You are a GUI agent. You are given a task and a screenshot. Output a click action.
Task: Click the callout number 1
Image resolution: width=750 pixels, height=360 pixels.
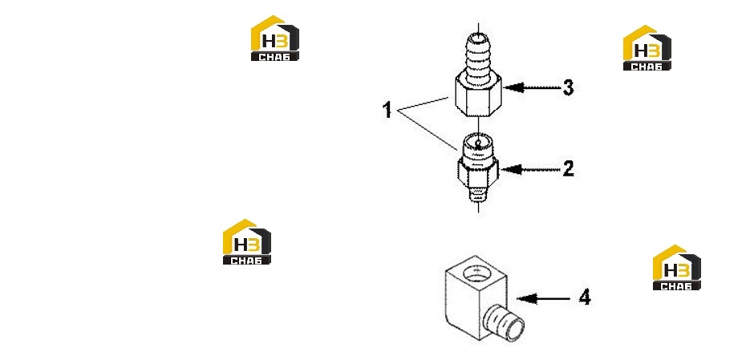[387, 111]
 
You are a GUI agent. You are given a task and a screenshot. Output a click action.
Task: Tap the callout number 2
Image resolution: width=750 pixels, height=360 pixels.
[568, 168]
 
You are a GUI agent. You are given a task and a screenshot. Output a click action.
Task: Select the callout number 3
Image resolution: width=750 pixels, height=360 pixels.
[568, 88]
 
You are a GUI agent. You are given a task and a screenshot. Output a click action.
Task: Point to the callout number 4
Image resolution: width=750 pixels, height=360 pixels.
[585, 298]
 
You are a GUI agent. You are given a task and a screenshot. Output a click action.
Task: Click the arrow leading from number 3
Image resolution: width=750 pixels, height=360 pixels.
[531, 88]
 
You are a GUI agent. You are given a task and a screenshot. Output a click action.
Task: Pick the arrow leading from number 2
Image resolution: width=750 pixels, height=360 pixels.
[530, 169]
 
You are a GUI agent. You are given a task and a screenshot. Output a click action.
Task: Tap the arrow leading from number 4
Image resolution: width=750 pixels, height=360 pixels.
[544, 299]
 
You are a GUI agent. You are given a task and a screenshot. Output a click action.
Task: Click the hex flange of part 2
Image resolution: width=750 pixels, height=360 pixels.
[478, 170]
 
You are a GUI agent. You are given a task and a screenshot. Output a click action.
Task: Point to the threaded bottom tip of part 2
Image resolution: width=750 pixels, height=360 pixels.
[478, 196]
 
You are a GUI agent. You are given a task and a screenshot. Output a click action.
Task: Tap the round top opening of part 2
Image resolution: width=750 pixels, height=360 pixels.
[478, 141]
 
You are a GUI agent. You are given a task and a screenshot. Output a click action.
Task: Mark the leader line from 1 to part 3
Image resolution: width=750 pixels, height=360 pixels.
[424, 103]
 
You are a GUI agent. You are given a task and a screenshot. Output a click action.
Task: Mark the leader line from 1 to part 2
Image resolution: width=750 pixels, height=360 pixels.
[428, 130]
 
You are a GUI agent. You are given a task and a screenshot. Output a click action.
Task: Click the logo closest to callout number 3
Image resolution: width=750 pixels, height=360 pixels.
[647, 48]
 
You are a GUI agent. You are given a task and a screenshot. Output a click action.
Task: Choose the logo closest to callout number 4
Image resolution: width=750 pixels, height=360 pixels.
[677, 267]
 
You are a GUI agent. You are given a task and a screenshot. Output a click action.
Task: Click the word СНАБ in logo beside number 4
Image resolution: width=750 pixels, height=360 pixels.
[677, 286]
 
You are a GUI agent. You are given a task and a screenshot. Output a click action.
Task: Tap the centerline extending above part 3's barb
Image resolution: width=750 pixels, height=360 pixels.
[478, 27]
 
